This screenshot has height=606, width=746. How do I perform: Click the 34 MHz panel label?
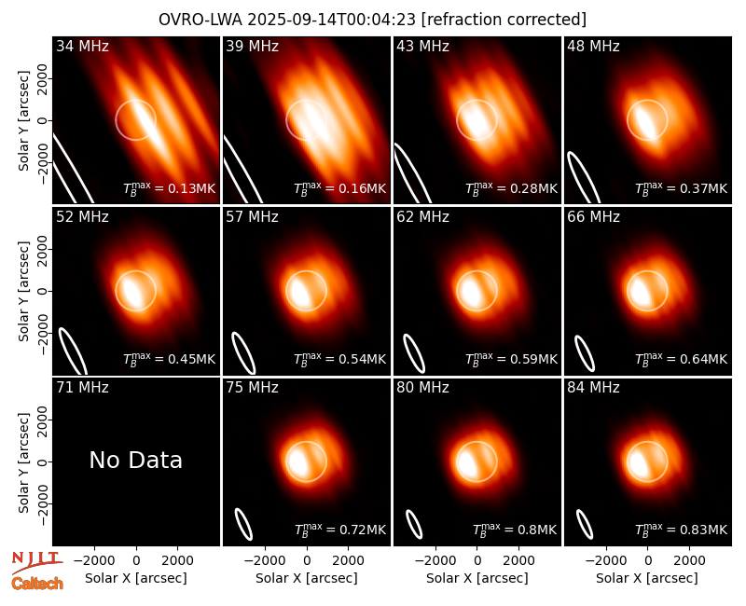coord(82,46)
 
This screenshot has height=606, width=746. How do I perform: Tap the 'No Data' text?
coord(135,460)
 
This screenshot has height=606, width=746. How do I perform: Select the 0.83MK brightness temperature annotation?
coord(682,529)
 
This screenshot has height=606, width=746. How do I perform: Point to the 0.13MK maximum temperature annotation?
coord(170,188)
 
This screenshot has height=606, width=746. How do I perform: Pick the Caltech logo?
coord(37,584)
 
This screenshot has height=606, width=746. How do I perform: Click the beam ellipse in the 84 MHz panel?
coord(585,524)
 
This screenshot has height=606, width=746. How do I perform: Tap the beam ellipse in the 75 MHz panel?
coord(243,524)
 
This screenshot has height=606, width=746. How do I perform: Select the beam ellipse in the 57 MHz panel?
coord(243,352)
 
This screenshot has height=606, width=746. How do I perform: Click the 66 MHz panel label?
coord(593,217)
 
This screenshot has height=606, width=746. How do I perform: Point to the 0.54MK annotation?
coord(339,359)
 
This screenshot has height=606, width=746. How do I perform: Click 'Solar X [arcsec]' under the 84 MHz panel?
coord(647,578)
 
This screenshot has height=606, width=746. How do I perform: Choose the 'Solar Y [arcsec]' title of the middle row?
coord(23,291)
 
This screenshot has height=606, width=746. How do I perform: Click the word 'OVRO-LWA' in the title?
coord(200,20)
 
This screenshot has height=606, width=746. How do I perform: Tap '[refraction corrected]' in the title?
coord(504,20)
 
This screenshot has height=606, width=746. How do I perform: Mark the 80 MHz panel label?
coord(422,388)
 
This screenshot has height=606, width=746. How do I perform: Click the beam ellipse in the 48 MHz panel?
coord(584,177)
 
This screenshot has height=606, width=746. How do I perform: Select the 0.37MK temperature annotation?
coord(682,188)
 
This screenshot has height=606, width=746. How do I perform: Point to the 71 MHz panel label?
coord(82,388)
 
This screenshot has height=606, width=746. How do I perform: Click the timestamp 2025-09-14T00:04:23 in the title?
coord(332,20)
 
